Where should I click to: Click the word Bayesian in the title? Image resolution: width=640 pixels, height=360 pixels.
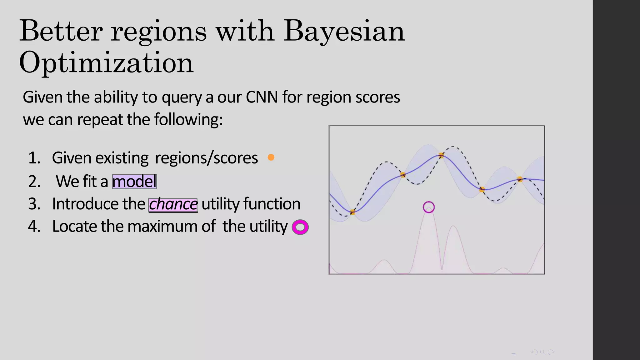pos(344,31)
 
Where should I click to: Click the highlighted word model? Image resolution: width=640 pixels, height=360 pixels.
pos(134,182)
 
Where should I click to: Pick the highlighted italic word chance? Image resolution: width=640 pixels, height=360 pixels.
pos(173,205)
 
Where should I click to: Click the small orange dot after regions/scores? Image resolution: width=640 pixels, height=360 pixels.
pos(271,157)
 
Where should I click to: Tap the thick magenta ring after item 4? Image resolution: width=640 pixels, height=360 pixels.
pos(300,227)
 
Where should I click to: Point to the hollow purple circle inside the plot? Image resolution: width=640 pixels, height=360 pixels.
pos(428,207)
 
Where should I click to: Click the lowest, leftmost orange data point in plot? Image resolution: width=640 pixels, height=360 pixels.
pos(352,212)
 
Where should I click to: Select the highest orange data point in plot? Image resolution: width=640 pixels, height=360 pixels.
pos(441,155)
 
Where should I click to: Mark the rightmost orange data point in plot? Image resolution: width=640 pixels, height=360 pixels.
pos(520,179)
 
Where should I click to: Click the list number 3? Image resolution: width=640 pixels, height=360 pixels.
pos(34,204)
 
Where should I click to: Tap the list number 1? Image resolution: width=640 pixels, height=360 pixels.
pos(34,158)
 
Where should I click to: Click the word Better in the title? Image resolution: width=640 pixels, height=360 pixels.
pos(61,31)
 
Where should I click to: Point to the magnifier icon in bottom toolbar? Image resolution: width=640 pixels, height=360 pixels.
pos(542,352)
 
